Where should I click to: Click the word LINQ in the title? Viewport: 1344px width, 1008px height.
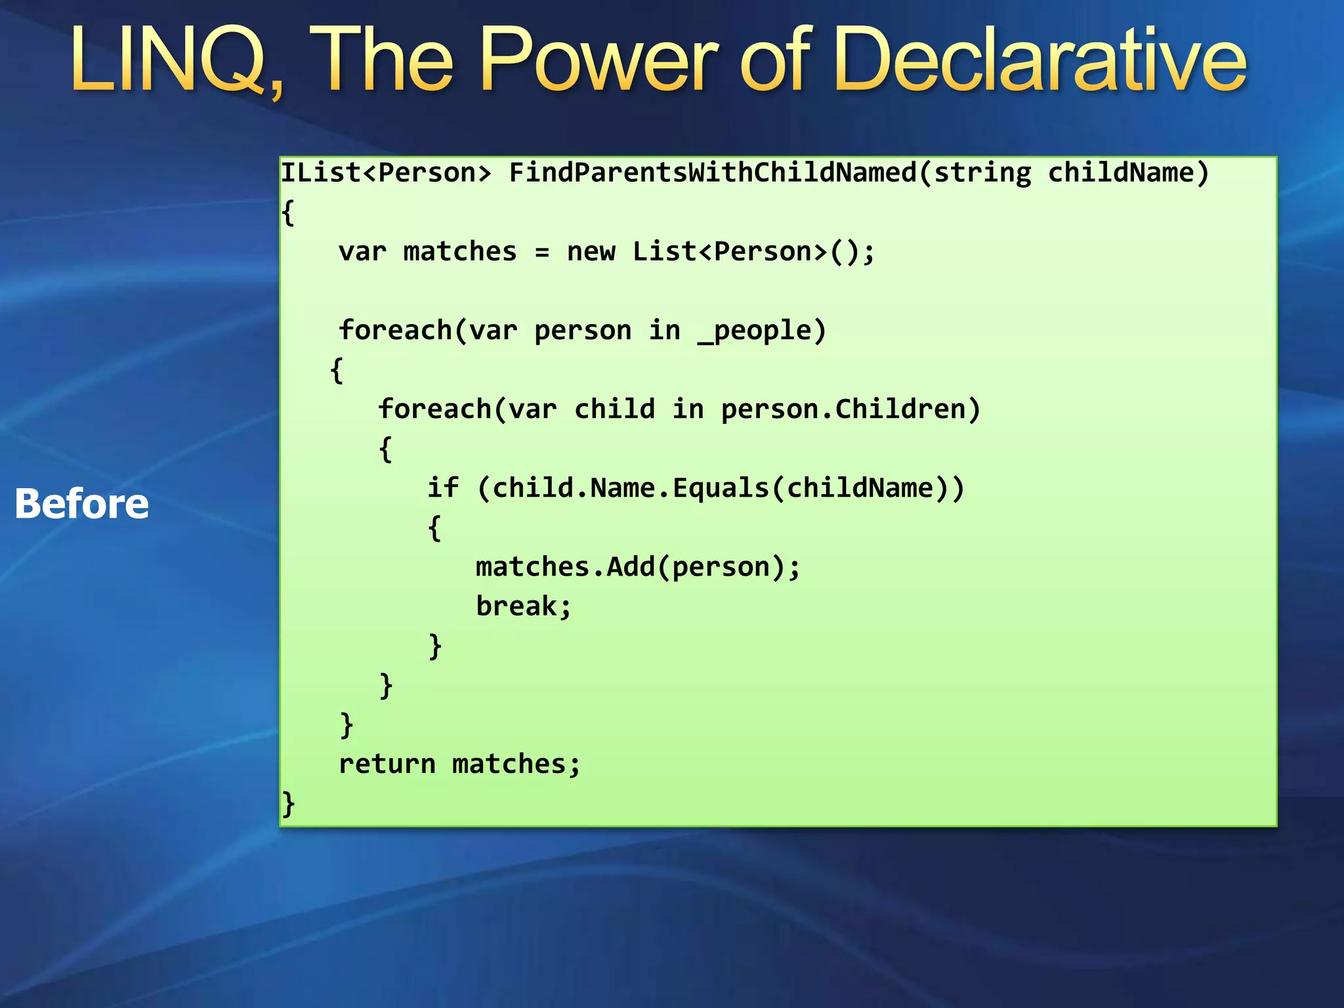click(174, 60)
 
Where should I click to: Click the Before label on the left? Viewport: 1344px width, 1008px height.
click(82, 504)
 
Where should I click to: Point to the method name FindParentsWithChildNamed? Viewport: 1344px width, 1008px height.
click(713, 173)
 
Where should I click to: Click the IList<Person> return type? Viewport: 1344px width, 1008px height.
click(386, 173)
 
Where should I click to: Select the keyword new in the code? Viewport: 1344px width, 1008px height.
click(591, 252)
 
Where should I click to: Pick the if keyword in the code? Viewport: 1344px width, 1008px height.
click(443, 488)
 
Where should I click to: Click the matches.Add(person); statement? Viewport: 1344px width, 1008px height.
click(638, 567)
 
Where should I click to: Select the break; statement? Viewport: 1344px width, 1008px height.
click(524, 606)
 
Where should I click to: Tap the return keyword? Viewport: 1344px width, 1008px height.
click(387, 764)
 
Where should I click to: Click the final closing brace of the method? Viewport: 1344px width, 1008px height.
click(288, 804)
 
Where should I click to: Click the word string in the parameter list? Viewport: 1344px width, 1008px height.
click(982, 173)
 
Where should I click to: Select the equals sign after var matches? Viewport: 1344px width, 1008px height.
click(542, 252)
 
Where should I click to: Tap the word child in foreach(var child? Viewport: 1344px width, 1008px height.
click(614, 409)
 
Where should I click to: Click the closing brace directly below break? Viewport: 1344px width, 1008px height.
click(434, 646)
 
